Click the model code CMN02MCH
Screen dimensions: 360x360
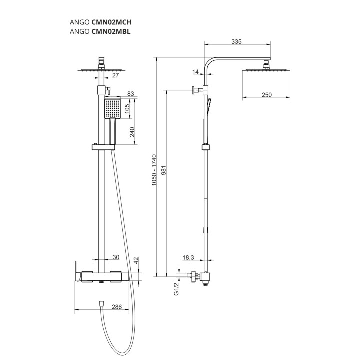[x=112, y=22]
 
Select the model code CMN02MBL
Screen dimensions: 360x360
[x=111, y=31]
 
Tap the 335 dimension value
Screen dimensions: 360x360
[x=236, y=42]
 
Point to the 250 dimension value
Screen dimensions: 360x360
[x=267, y=95]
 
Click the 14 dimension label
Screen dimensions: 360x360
[x=195, y=72]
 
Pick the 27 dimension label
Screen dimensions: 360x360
[x=116, y=75]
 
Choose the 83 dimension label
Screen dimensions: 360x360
[x=130, y=93]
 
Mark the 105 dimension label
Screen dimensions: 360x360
[x=127, y=109]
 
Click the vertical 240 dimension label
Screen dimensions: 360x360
[x=132, y=132]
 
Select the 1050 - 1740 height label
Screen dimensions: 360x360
[x=154, y=170]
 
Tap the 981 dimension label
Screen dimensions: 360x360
[x=164, y=170]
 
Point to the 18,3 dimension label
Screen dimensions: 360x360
[x=188, y=258]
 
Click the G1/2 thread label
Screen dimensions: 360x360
[x=176, y=289]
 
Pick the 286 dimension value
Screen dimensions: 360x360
[x=117, y=307]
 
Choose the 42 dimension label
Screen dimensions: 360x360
[x=136, y=261]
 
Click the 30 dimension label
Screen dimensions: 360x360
[x=116, y=257]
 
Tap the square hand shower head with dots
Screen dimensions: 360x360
[x=112, y=109]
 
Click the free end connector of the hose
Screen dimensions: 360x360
[x=101, y=304]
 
